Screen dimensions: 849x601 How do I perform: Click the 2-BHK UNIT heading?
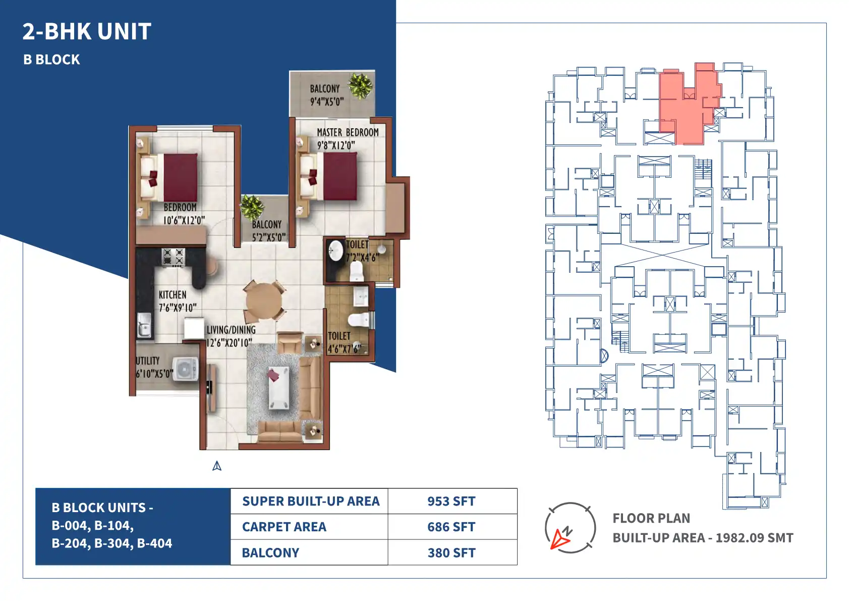(x=87, y=31)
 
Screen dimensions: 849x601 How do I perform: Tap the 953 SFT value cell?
(x=451, y=501)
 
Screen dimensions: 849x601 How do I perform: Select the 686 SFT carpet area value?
(x=451, y=527)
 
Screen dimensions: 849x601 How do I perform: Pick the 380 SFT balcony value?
(x=451, y=553)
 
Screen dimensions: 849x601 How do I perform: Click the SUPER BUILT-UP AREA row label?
(x=311, y=501)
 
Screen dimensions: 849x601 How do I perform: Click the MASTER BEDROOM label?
(x=348, y=132)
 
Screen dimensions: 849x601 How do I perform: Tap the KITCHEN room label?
(x=173, y=295)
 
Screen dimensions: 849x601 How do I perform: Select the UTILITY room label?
(x=148, y=361)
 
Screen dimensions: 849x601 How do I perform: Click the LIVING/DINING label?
(x=231, y=330)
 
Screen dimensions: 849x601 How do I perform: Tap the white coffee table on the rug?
(x=279, y=387)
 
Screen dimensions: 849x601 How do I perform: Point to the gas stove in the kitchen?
(x=173, y=257)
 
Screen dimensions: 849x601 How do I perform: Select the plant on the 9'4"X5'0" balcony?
(x=361, y=86)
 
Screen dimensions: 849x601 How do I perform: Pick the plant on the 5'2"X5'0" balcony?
(x=252, y=208)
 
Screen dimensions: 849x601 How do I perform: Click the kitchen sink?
(x=144, y=325)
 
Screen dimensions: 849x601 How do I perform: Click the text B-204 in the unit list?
(x=71, y=543)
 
